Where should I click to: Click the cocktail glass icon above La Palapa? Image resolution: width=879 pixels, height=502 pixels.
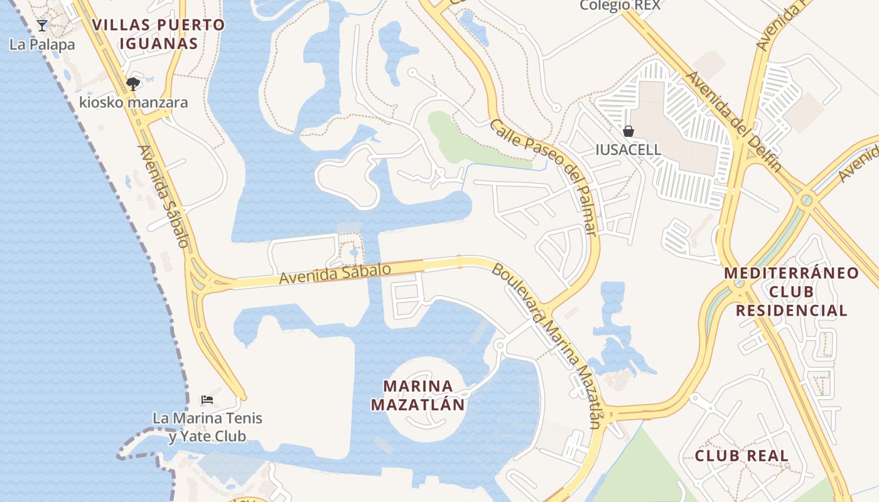pyautogui.click(x=42, y=26)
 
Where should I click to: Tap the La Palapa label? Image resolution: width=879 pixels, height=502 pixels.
pyautogui.click(x=42, y=45)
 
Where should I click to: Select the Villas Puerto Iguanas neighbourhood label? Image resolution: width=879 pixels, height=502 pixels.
pyautogui.click(x=158, y=34)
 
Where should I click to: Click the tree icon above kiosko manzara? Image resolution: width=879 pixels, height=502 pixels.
pyautogui.click(x=132, y=83)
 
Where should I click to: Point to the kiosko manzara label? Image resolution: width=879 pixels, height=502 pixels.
pyautogui.click(x=133, y=102)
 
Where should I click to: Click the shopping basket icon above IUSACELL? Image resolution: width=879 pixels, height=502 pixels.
pyautogui.click(x=628, y=131)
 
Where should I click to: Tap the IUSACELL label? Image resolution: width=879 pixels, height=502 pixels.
pyautogui.click(x=628, y=149)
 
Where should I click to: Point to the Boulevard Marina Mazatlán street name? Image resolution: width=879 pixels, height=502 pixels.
pyautogui.click(x=546, y=345)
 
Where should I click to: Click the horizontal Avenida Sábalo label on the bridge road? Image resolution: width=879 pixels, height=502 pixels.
pyautogui.click(x=335, y=274)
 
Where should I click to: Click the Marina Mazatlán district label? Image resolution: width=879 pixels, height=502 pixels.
pyautogui.click(x=418, y=395)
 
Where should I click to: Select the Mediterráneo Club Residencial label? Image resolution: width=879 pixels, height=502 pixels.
pyautogui.click(x=791, y=291)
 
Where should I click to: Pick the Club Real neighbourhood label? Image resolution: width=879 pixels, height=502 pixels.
pyautogui.click(x=741, y=456)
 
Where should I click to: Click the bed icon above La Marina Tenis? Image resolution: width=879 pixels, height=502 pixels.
pyautogui.click(x=207, y=400)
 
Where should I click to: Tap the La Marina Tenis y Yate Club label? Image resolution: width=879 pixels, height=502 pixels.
pyautogui.click(x=207, y=427)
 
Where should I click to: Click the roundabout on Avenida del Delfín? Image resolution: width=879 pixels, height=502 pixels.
pyautogui.click(x=807, y=201)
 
